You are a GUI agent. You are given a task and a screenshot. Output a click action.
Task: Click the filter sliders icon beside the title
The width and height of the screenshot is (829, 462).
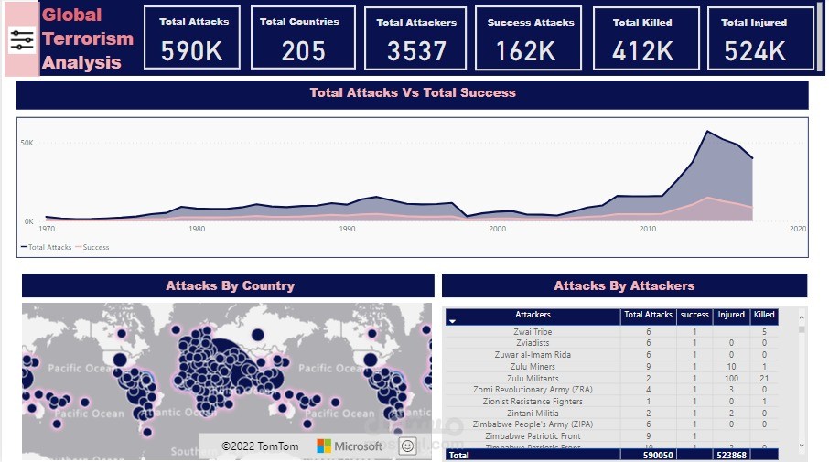22,39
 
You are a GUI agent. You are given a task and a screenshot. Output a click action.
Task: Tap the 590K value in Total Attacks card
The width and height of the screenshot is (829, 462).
191,51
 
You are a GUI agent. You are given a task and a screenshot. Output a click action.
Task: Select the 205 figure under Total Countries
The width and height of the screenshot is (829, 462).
304,51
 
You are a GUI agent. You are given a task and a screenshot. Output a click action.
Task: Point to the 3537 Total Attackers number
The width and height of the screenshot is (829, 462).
416,51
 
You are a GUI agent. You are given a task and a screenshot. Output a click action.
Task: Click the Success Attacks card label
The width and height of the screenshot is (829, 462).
531,22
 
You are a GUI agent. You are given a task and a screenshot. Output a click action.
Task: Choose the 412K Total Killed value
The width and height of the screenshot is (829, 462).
642,51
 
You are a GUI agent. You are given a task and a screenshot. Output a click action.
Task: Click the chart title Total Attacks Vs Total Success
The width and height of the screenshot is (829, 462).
413,93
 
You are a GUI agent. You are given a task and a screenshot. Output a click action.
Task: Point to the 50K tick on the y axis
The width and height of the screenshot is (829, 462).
27,144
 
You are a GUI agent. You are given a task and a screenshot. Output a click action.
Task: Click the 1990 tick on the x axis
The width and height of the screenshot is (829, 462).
347,229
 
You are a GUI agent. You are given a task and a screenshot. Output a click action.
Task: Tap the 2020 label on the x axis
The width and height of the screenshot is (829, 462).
797,229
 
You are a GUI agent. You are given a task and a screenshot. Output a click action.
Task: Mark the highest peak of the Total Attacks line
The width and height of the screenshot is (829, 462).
706,132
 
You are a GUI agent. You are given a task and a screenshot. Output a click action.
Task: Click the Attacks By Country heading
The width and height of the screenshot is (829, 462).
230,286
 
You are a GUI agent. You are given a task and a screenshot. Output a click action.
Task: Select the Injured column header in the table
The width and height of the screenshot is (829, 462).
731,315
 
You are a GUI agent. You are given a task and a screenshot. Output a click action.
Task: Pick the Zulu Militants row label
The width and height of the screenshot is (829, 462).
533,378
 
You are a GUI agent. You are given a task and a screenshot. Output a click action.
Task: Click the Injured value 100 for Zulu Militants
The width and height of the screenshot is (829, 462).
731,378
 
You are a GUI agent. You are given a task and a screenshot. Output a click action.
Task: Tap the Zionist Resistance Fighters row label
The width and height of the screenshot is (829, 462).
533,402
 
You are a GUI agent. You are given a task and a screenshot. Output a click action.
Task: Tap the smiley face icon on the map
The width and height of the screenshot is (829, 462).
406,446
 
